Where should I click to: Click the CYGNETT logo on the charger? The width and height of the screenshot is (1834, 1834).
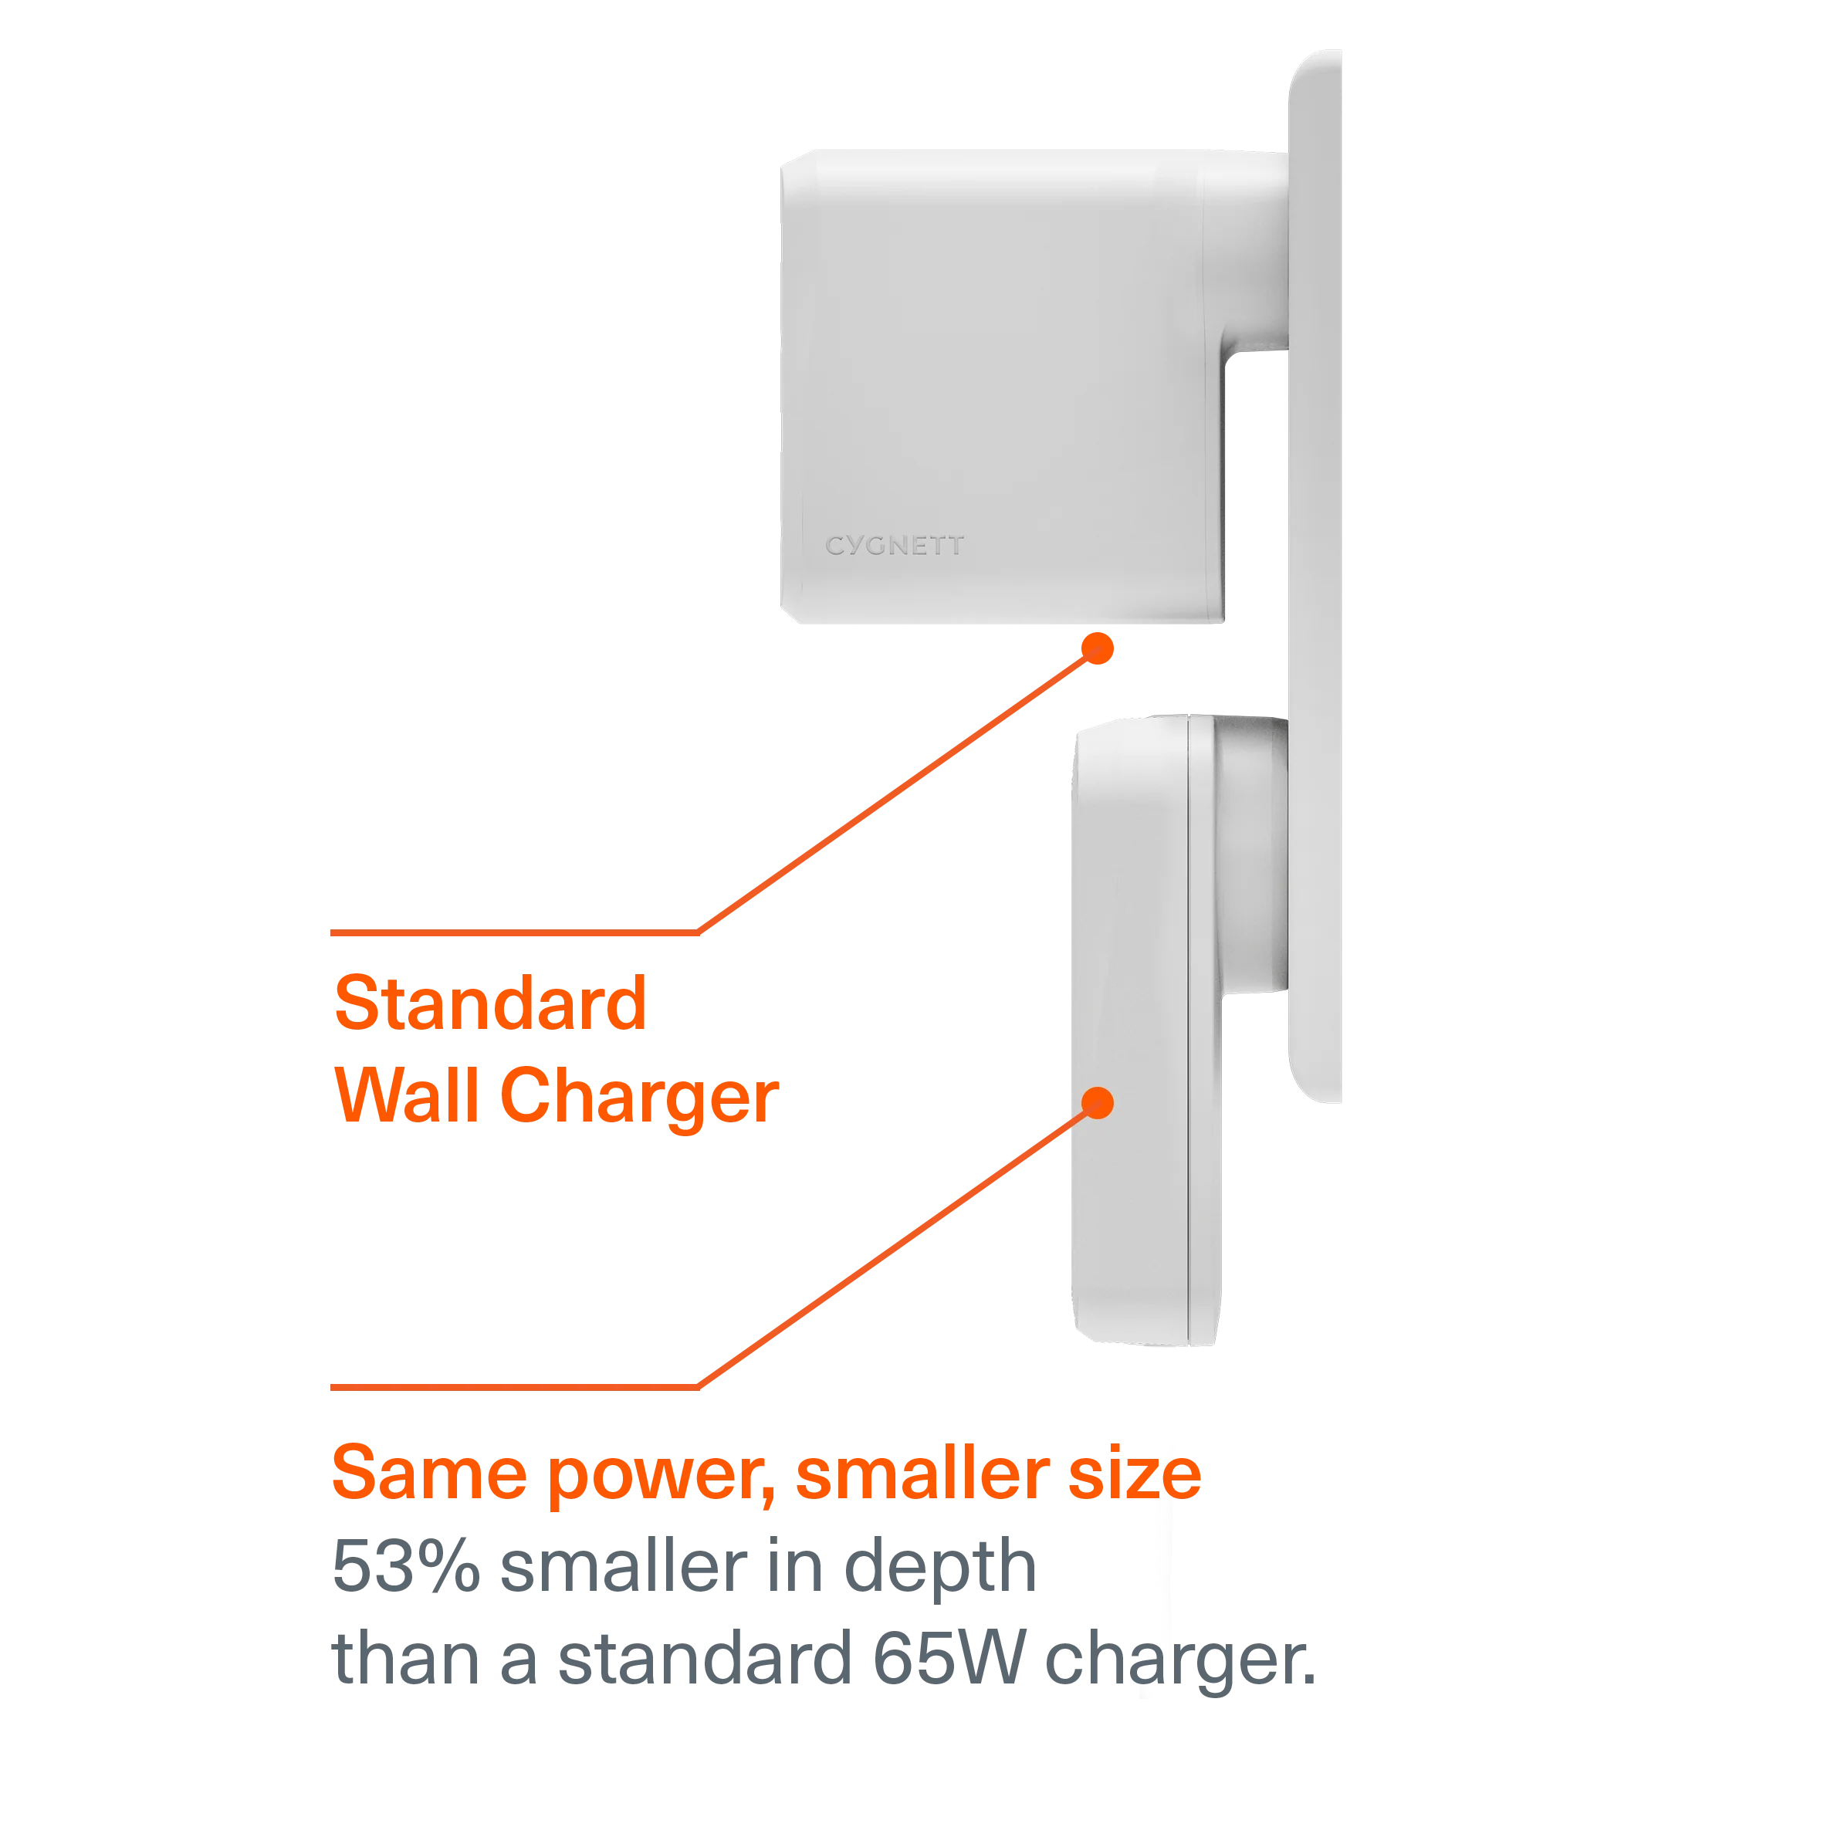pos(894,545)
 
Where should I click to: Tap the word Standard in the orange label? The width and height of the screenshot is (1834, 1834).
pos(491,1003)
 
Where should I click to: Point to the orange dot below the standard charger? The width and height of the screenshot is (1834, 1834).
pos(1098,648)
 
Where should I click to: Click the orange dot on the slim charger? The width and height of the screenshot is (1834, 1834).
pos(1098,1103)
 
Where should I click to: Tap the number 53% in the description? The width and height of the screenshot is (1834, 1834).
pos(406,1565)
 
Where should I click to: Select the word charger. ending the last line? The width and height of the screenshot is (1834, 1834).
pos(1181,1663)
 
